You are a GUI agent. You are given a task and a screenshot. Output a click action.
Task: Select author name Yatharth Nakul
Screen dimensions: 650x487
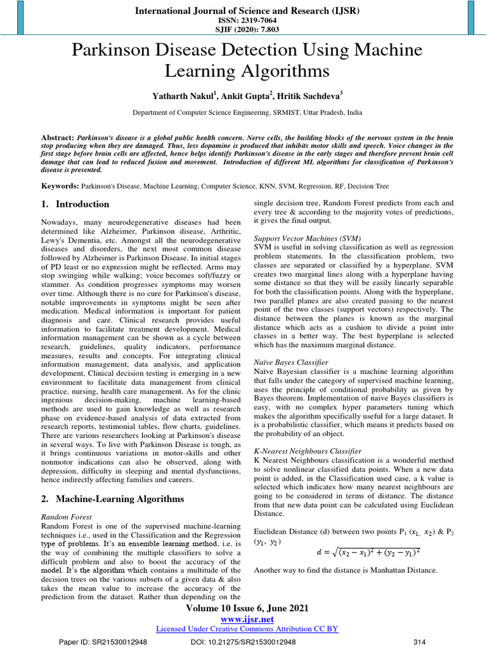(x=181, y=96)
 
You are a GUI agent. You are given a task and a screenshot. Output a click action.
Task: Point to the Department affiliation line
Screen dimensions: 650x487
(x=247, y=112)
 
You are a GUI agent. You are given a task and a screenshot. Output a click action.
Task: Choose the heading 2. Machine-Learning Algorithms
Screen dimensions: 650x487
(x=113, y=499)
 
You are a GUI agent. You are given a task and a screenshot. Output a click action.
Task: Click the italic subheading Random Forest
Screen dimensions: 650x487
(x=66, y=517)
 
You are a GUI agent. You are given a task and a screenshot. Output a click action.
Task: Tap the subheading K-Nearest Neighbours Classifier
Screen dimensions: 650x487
(x=308, y=451)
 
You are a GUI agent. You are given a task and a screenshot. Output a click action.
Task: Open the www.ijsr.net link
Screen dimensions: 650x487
(x=247, y=619)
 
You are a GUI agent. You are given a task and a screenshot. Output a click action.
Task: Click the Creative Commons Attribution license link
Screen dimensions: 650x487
(x=247, y=628)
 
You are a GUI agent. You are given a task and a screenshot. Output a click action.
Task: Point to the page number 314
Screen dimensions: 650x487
(x=419, y=642)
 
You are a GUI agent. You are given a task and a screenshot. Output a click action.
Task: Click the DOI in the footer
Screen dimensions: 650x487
(x=243, y=642)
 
